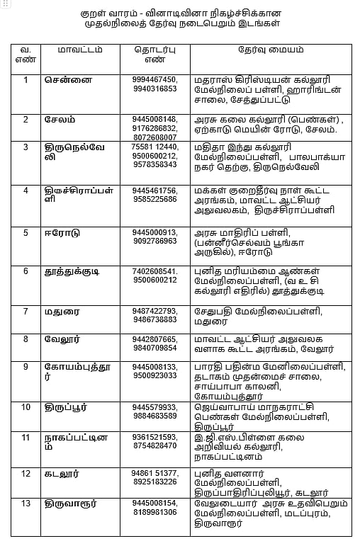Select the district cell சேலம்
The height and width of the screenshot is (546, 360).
[60, 119]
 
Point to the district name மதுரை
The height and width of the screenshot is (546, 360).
[60, 312]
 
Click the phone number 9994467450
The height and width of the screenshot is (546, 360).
[154, 79]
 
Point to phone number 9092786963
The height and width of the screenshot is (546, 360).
[154, 241]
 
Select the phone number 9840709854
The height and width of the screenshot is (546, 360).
[154, 348]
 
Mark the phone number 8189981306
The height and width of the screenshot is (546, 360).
[154, 512]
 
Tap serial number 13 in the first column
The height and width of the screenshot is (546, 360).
[26, 504]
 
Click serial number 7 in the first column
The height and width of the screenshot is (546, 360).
[26, 312]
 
